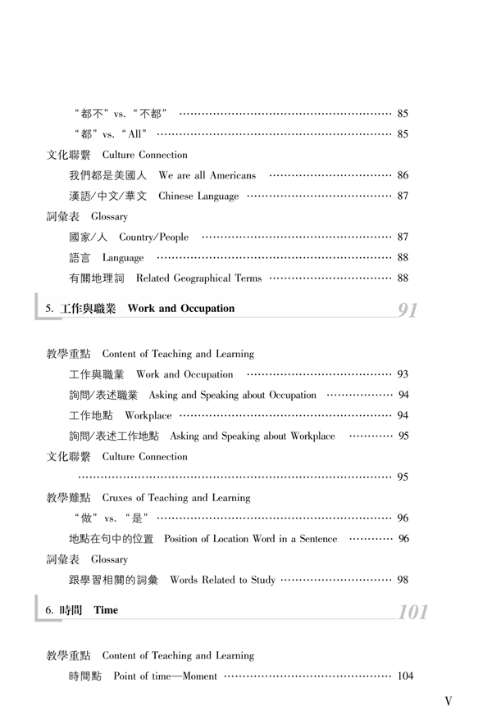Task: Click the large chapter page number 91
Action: [x=408, y=310]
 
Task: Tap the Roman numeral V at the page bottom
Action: [x=448, y=702]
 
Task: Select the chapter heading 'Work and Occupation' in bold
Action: [x=180, y=310]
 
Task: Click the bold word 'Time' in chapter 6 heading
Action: [x=106, y=610]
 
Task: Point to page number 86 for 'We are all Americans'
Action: [x=403, y=175]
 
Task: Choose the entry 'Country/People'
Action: [x=153, y=237]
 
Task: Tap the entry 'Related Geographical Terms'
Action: [x=199, y=278]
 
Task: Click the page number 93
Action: [x=403, y=374]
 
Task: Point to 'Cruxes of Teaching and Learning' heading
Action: [x=176, y=497]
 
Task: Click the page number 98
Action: [x=403, y=580]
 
